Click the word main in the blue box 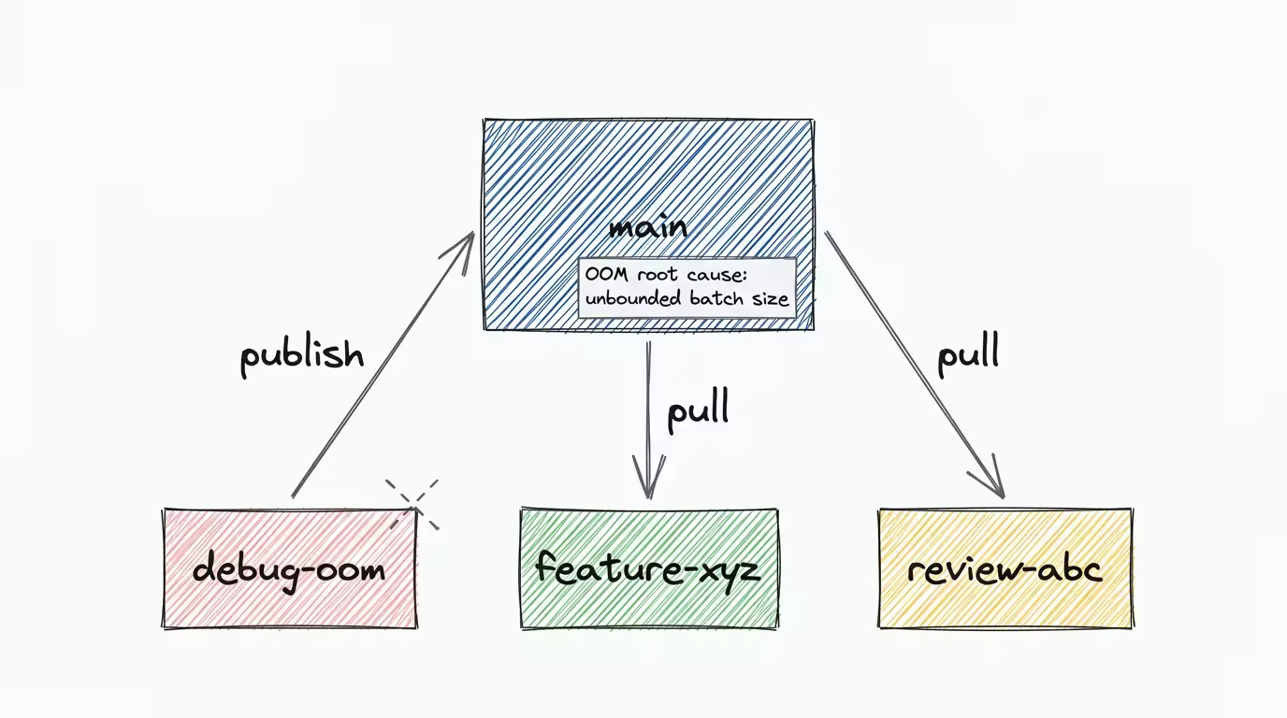[x=647, y=227]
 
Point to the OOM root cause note [x=687, y=288]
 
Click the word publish [x=301, y=355]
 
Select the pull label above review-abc [x=968, y=355]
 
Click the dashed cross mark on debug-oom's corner [x=413, y=505]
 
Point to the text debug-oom [x=289, y=568]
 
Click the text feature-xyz [x=647, y=568]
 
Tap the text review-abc [x=1005, y=568]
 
